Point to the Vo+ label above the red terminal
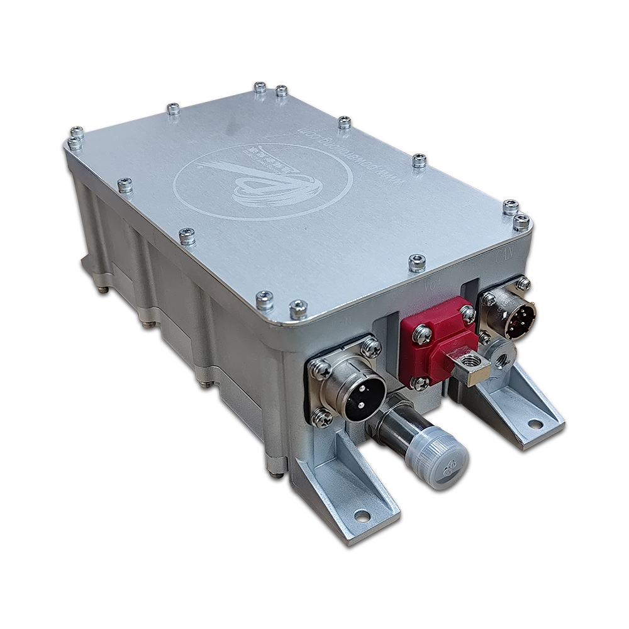coord(432,286)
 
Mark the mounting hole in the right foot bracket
coord(535,424)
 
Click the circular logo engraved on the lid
coord(263,181)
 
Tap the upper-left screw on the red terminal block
coord(421,332)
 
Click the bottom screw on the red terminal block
coord(420,382)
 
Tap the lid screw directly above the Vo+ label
coord(416,262)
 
